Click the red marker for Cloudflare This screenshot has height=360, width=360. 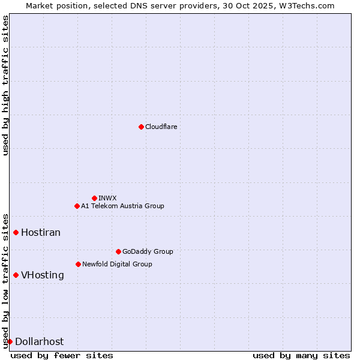(141, 127)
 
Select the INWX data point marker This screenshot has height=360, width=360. (94, 198)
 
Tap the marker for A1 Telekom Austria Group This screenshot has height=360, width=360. (77, 206)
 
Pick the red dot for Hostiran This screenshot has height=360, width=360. (16, 232)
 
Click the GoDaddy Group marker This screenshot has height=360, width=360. (118, 251)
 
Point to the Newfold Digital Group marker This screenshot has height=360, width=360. (78, 264)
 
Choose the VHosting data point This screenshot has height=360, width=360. (16, 275)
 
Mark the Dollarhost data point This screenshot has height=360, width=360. (10, 341)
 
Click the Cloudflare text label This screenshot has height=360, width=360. (161, 127)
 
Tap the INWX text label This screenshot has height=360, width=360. (107, 198)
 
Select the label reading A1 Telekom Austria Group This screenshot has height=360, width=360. (122, 206)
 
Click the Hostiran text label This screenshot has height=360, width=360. (41, 232)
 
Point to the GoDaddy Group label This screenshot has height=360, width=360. (148, 251)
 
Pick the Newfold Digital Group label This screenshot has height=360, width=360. (117, 264)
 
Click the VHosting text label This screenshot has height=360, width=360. (43, 275)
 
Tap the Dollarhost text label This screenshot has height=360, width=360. (39, 341)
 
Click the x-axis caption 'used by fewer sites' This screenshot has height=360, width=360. (62, 355)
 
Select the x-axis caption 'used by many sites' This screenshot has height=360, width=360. (301, 355)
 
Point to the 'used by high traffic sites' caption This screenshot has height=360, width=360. (5, 85)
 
